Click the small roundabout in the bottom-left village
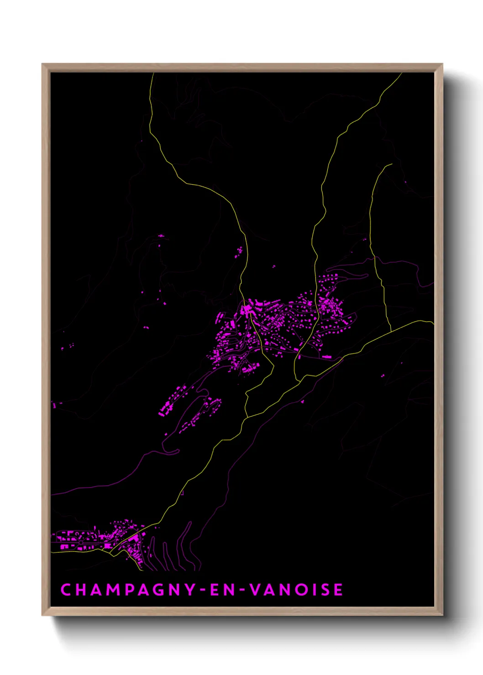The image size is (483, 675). [81, 542]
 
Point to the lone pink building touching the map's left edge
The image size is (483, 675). [54, 405]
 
